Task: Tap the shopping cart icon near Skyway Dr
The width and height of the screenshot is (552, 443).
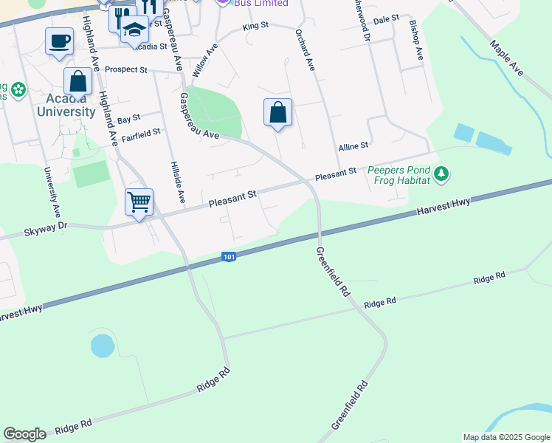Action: pyautogui.click(x=139, y=201)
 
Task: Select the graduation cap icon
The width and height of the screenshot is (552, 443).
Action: pyautogui.click(x=134, y=30)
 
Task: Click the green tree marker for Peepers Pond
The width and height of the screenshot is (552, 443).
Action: pyautogui.click(x=441, y=175)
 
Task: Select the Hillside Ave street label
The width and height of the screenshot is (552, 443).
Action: pyautogui.click(x=176, y=182)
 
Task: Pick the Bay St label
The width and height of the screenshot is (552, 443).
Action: pyautogui.click(x=128, y=118)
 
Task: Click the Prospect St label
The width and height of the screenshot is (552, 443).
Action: pyautogui.click(x=126, y=70)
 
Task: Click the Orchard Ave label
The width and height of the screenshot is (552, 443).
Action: pyautogui.click(x=305, y=50)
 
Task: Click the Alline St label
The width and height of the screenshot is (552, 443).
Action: pyautogui.click(x=353, y=148)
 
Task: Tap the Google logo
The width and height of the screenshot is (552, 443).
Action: pyautogui.click(x=24, y=434)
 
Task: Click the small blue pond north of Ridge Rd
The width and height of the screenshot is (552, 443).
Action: pyautogui.click(x=103, y=345)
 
